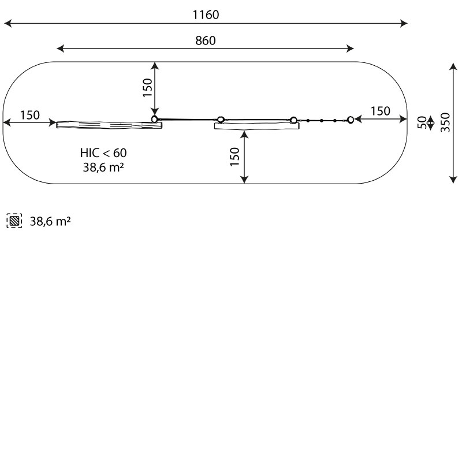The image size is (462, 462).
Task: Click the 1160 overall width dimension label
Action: pos(206,15)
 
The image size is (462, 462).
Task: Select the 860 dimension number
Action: pos(206,40)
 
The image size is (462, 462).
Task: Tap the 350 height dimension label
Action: pos(445,122)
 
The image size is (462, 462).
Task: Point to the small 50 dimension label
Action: pos(422,122)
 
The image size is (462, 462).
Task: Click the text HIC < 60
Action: pos(103,153)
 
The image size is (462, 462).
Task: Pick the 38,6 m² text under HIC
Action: pos(103,167)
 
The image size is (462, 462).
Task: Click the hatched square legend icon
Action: pos(14,221)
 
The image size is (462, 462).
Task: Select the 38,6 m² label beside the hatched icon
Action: pos(50,221)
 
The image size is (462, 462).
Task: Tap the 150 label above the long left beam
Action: pos(30,115)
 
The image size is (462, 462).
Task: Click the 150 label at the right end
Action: pos(381,111)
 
